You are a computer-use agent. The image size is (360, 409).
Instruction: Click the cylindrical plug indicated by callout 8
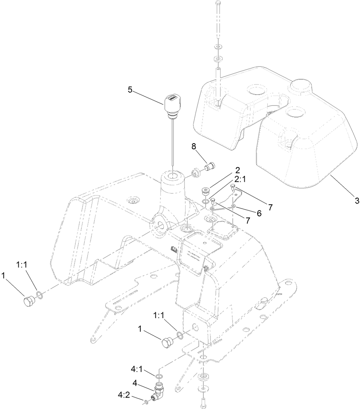(209, 167)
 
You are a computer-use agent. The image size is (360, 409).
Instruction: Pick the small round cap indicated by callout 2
(206, 190)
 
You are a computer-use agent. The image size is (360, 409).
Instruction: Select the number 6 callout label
(259, 214)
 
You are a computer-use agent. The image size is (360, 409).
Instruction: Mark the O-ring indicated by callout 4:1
(160, 378)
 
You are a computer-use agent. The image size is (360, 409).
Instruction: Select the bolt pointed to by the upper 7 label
(232, 187)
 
